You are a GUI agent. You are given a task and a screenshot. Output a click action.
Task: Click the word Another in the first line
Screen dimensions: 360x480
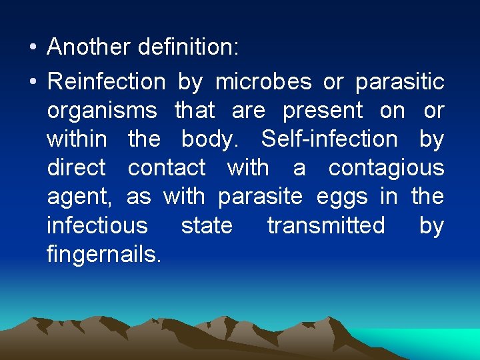pos(89,47)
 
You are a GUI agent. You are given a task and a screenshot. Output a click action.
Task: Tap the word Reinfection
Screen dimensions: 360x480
pos(106,82)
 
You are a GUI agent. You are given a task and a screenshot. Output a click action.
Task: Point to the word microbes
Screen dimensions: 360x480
pos(263,82)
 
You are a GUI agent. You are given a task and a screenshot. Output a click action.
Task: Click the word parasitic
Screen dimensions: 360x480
pos(399,82)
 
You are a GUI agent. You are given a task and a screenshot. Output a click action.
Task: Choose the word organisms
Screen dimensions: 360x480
pos(102,111)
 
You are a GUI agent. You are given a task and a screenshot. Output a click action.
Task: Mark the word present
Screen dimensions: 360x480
pos(323,111)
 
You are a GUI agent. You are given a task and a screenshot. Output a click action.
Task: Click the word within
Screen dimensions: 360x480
pos(77,139)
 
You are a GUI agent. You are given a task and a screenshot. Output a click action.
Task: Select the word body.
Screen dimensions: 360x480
pos(213,140)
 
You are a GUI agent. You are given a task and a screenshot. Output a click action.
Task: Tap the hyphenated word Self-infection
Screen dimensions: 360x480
pos(329,139)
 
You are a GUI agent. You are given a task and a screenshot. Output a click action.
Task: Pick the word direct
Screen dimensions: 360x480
pos(76,168)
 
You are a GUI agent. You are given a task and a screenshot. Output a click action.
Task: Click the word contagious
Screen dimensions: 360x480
pos(386,169)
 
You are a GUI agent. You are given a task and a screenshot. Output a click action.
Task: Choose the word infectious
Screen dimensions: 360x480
pos(97,225)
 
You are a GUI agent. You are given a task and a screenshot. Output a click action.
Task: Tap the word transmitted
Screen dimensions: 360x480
pos(326,225)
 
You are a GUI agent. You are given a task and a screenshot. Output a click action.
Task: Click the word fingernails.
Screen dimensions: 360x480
pos(104,255)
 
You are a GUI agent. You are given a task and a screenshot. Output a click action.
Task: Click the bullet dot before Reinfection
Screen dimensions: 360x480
pos(32,83)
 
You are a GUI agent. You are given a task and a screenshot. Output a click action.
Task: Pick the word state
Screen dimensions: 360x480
pos(207,225)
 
